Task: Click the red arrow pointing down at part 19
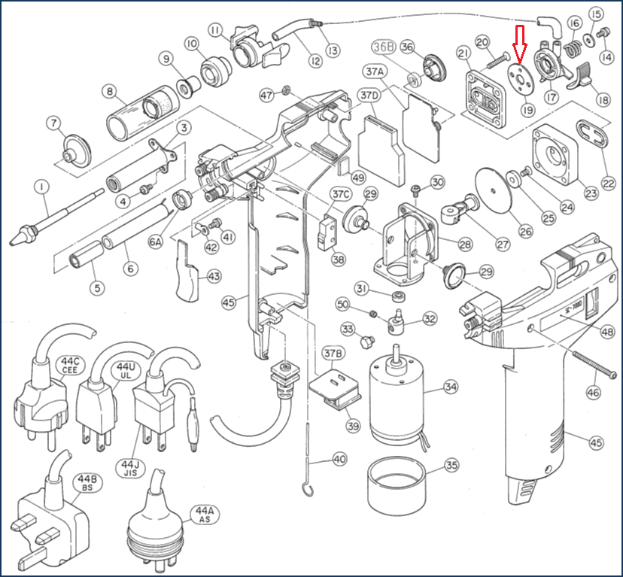(x=520, y=44)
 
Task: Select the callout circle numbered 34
(x=451, y=387)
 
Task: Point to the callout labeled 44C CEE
(x=69, y=366)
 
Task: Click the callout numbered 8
(x=110, y=91)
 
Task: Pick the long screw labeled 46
(x=594, y=363)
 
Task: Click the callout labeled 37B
(x=333, y=353)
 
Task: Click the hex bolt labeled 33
(x=366, y=342)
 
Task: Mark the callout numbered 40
(x=339, y=460)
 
